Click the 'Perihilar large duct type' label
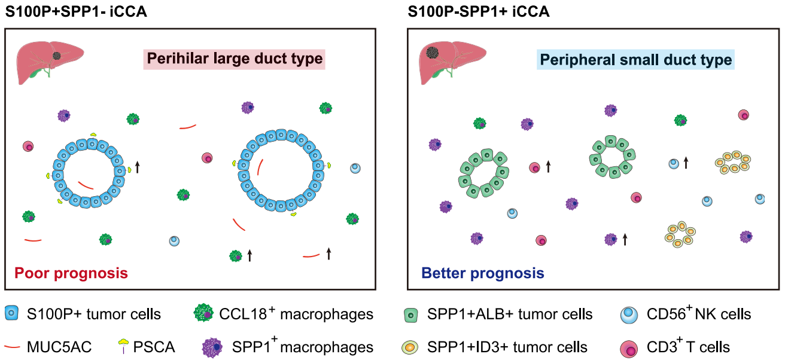235,59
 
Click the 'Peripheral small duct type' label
635,60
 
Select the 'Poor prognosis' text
71,273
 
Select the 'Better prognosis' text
483,273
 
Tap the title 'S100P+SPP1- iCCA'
76,11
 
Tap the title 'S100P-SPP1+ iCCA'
479,11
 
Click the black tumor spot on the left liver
57,56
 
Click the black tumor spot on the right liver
432,53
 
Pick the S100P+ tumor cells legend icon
12,313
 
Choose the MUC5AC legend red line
12,347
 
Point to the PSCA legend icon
123,346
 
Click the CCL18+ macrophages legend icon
203,313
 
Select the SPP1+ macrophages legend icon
212,347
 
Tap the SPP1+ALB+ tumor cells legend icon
411,315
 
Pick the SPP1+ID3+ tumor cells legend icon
410,347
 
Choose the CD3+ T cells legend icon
629,349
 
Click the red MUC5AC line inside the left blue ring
86,185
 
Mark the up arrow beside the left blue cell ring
138,167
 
